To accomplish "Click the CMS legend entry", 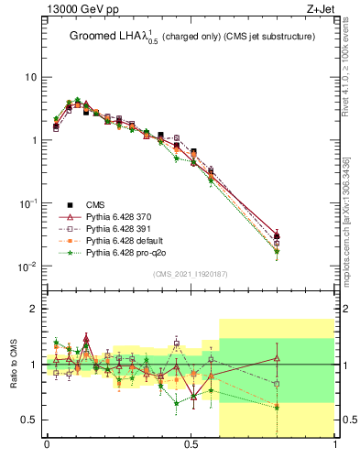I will (94, 204).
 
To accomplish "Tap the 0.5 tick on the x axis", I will (191, 444).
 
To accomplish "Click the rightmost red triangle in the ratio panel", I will (277, 358).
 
